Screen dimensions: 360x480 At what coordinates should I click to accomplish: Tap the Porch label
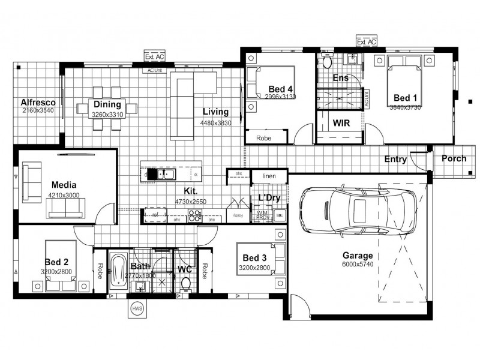[x=454, y=159]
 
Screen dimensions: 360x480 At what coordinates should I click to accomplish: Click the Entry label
[x=396, y=160]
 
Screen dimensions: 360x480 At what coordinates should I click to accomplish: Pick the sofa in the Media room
[x=66, y=207]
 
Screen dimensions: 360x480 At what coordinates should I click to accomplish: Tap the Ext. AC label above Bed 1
[x=366, y=42]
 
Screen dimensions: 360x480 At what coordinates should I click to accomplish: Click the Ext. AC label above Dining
[x=154, y=56]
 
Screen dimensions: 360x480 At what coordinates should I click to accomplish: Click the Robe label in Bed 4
[x=263, y=138]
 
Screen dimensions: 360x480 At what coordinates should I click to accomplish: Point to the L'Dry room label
[x=269, y=197]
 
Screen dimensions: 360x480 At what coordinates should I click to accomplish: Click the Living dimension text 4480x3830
[x=215, y=123]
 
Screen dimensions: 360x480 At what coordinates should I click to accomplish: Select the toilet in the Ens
[x=327, y=62]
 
